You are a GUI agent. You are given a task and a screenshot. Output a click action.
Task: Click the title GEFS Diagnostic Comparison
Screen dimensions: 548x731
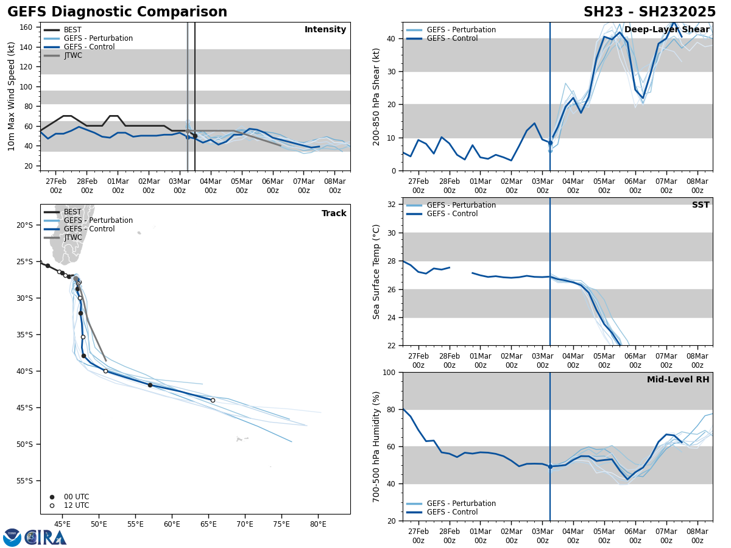point(117,12)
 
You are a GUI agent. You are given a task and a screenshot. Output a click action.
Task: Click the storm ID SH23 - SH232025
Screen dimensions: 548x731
point(649,12)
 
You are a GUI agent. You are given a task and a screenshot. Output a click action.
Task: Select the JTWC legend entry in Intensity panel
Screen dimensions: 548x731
point(72,55)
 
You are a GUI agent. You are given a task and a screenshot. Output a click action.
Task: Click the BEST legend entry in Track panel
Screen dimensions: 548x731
point(72,212)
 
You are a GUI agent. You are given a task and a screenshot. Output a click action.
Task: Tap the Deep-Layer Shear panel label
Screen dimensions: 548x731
point(666,30)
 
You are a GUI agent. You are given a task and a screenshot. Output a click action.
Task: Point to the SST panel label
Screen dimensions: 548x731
point(701,205)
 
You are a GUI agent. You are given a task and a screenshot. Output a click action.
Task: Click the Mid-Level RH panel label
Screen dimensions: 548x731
point(678,380)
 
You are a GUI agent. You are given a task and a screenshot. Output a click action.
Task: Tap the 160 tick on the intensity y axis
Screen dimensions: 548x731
point(26,27)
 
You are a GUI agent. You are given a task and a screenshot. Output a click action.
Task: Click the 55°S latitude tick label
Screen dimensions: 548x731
point(24,480)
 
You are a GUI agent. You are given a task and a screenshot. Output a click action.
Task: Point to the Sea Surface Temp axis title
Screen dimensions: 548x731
point(377,272)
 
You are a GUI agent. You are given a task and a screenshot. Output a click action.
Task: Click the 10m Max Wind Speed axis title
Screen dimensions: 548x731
point(12,96)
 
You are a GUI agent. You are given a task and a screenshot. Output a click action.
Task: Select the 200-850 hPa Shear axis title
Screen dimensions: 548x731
point(377,96)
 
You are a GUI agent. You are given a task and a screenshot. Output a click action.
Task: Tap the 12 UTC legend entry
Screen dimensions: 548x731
point(76,505)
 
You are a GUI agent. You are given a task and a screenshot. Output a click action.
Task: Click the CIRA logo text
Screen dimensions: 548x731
point(46,538)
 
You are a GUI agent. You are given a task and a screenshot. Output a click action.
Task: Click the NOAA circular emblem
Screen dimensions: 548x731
point(12,538)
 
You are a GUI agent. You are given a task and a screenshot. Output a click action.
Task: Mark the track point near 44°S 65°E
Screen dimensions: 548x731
point(213,400)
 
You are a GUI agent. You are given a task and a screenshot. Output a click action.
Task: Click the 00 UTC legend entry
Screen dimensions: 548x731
point(76,497)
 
